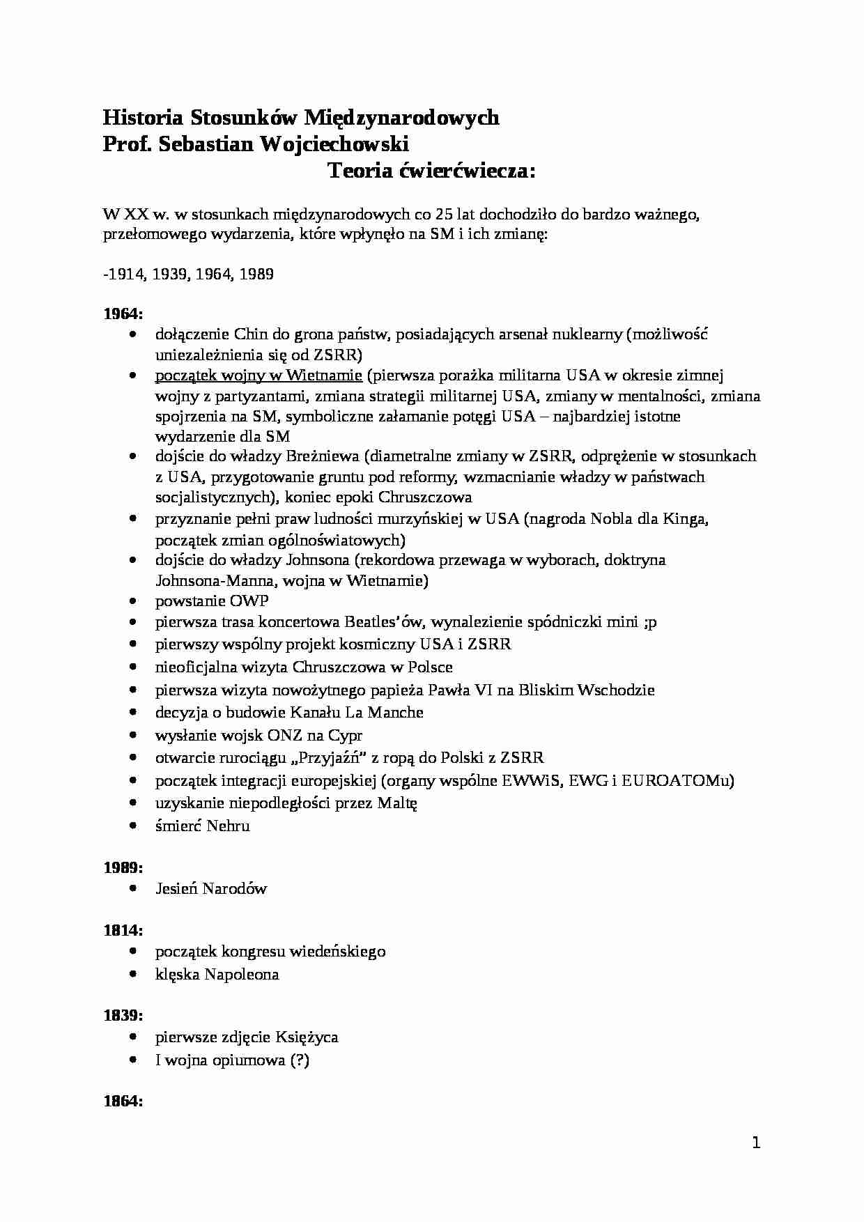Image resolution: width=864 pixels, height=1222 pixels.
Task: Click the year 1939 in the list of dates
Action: [x=168, y=274]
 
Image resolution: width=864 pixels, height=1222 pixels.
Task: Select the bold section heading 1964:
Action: [x=123, y=314]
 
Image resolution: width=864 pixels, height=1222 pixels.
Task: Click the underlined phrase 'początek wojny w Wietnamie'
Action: [x=259, y=376]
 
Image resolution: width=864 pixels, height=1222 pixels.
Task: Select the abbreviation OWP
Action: [x=248, y=601]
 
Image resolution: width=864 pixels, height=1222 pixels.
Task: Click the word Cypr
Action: [x=344, y=735]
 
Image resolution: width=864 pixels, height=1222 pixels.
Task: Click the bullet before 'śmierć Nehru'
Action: [x=134, y=826]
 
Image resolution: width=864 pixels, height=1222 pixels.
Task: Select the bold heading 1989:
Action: [x=123, y=868]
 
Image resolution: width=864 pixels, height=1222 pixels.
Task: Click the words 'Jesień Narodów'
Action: [x=211, y=889]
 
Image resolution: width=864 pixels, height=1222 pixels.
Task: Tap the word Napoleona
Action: [x=242, y=974]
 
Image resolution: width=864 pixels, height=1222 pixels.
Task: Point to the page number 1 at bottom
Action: [x=757, y=1143]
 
